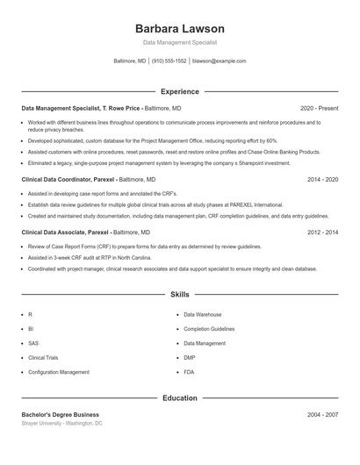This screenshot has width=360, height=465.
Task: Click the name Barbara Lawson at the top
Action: point(180,29)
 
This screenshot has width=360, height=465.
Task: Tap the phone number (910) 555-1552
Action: point(169,61)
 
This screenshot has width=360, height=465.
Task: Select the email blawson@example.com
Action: point(219,61)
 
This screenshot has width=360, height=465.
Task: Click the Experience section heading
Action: point(180,91)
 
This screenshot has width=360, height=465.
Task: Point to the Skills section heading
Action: point(180,295)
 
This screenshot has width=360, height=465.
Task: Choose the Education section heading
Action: point(180,397)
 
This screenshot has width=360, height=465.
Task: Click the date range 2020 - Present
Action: point(319,108)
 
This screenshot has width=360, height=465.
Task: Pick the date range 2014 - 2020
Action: point(323,179)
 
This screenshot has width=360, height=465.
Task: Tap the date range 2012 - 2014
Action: point(323,232)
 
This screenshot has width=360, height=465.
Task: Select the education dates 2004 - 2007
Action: point(323,414)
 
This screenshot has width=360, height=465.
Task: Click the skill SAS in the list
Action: point(33,343)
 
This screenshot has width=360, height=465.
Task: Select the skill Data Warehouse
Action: point(203,314)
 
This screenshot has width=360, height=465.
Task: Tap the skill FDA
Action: point(189,372)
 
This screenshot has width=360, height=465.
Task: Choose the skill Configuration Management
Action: point(59,372)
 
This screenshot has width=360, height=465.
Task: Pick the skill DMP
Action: point(190,358)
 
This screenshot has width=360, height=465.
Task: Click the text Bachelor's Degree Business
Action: point(61,414)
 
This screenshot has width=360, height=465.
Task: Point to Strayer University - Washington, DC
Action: point(61,423)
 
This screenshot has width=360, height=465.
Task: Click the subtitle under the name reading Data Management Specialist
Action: point(180,42)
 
